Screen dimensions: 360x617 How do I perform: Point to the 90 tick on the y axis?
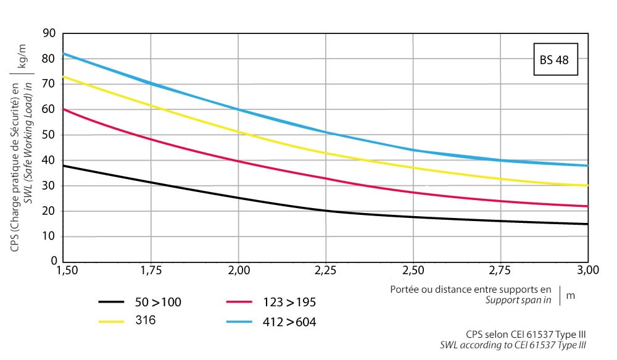(49, 33)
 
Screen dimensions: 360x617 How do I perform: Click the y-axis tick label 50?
(49, 135)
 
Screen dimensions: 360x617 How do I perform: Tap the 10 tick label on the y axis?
(49, 237)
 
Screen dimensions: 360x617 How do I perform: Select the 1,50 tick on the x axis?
(65, 270)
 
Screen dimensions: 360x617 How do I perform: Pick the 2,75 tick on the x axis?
(500, 270)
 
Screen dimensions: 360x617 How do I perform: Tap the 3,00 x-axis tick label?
(587, 270)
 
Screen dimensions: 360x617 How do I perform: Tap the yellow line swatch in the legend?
(112, 322)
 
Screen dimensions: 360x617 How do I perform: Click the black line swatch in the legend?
(112, 302)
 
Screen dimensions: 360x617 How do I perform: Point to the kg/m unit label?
(22, 56)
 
